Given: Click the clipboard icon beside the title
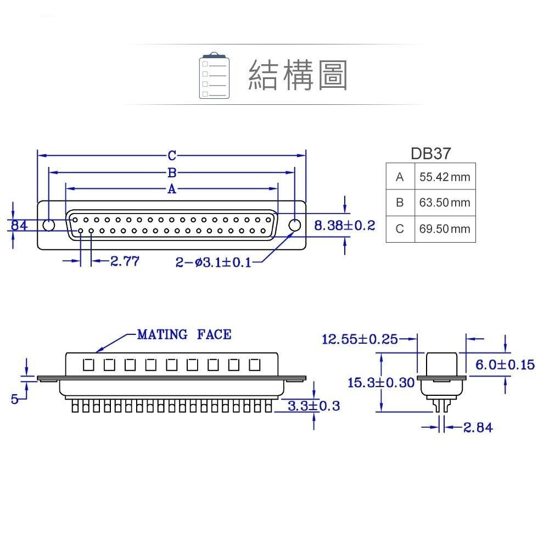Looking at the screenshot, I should tap(214, 76).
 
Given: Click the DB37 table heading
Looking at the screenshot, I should tap(430, 153).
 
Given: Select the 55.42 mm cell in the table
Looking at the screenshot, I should tap(445, 177).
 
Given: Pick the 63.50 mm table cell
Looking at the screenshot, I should tap(445, 203).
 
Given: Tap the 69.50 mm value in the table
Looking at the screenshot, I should tap(445, 228).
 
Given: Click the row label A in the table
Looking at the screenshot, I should tap(400, 177).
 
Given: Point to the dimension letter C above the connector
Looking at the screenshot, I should tap(172, 155).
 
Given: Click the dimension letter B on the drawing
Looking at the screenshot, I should tap(172, 173).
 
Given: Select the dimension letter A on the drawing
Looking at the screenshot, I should tap(172, 189).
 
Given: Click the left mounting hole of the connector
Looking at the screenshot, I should tap(49, 225).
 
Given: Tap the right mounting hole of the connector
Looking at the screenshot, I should tap(295, 225).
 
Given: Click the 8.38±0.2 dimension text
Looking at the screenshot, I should tap(344, 225).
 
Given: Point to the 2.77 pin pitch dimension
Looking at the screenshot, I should tap(125, 261).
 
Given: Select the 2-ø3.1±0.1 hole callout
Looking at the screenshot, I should tap(213, 262).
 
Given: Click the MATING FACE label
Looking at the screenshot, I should tap(184, 334).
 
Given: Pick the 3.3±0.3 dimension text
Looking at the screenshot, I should tap(313, 406).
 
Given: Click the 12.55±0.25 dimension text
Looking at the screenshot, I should tap(360, 339).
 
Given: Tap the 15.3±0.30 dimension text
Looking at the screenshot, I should tap(381, 383).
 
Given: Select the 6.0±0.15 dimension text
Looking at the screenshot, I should tap(505, 365).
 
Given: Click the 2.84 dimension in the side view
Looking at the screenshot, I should tap(478, 427).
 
